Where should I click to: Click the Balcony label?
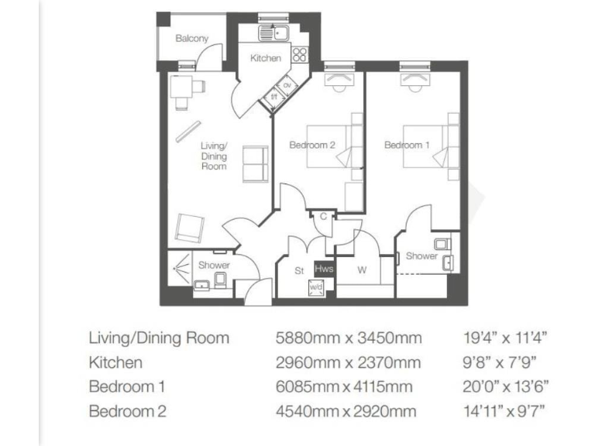(191, 38)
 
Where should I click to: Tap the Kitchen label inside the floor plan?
(265, 58)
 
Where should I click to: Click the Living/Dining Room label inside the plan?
(214, 156)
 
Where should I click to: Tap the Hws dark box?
(324, 269)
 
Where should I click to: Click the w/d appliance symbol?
(316, 287)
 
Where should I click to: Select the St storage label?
(298, 271)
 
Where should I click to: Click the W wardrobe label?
(361, 270)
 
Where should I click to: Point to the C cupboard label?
(322, 218)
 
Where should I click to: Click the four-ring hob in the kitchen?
(299, 55)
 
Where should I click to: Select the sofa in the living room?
(254, 163)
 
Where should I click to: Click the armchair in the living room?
(189, 227)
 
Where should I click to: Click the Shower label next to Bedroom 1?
(421, 256)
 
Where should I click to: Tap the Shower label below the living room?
(214, 265)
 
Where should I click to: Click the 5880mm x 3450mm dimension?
(349, 338)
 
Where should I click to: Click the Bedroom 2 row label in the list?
(127, 410)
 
